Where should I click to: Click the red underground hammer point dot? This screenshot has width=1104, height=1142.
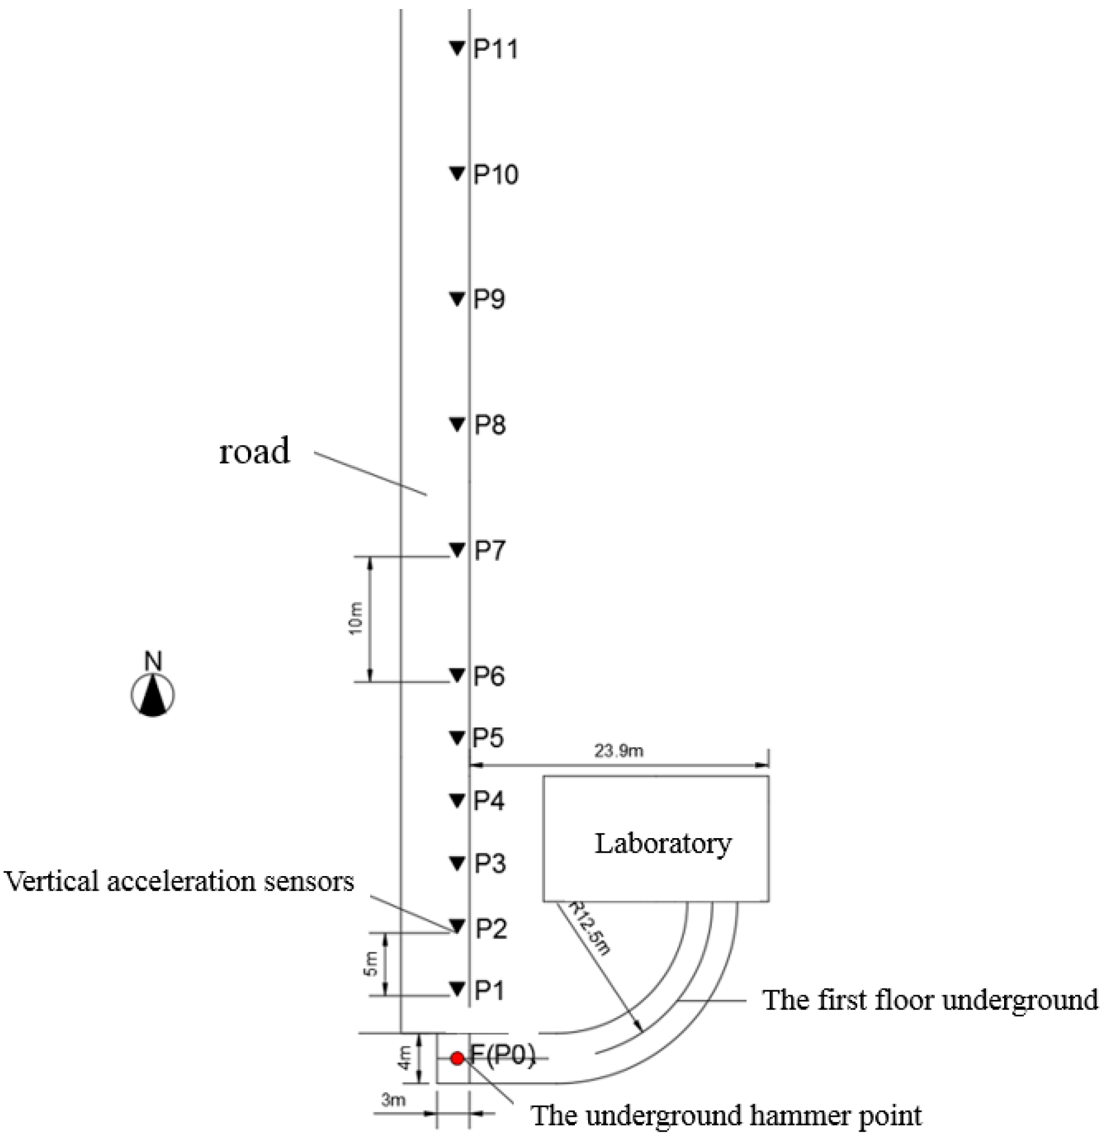coord(457,1058)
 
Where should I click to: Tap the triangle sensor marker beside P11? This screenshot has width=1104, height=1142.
coord(457,48)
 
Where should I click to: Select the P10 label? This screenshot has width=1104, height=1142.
coord(495,174)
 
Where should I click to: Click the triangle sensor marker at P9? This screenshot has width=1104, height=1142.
coord(457,298)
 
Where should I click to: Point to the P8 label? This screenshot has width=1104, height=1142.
coord(490,425)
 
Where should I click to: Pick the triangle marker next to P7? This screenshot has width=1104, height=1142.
coord(457,549)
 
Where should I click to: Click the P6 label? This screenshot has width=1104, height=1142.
coord(489,676)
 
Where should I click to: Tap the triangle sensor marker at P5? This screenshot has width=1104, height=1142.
coord(457,737)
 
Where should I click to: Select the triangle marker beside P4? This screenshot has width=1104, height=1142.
coord(457,800)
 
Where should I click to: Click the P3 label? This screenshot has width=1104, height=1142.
coord(489,863)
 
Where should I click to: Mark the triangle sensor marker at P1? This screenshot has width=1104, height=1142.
coord(457,988)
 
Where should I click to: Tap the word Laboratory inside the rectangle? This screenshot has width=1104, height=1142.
coord(663,843)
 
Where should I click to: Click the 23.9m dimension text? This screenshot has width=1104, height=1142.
coord(618,751)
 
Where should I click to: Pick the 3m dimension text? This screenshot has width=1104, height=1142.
coord(393,1100)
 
